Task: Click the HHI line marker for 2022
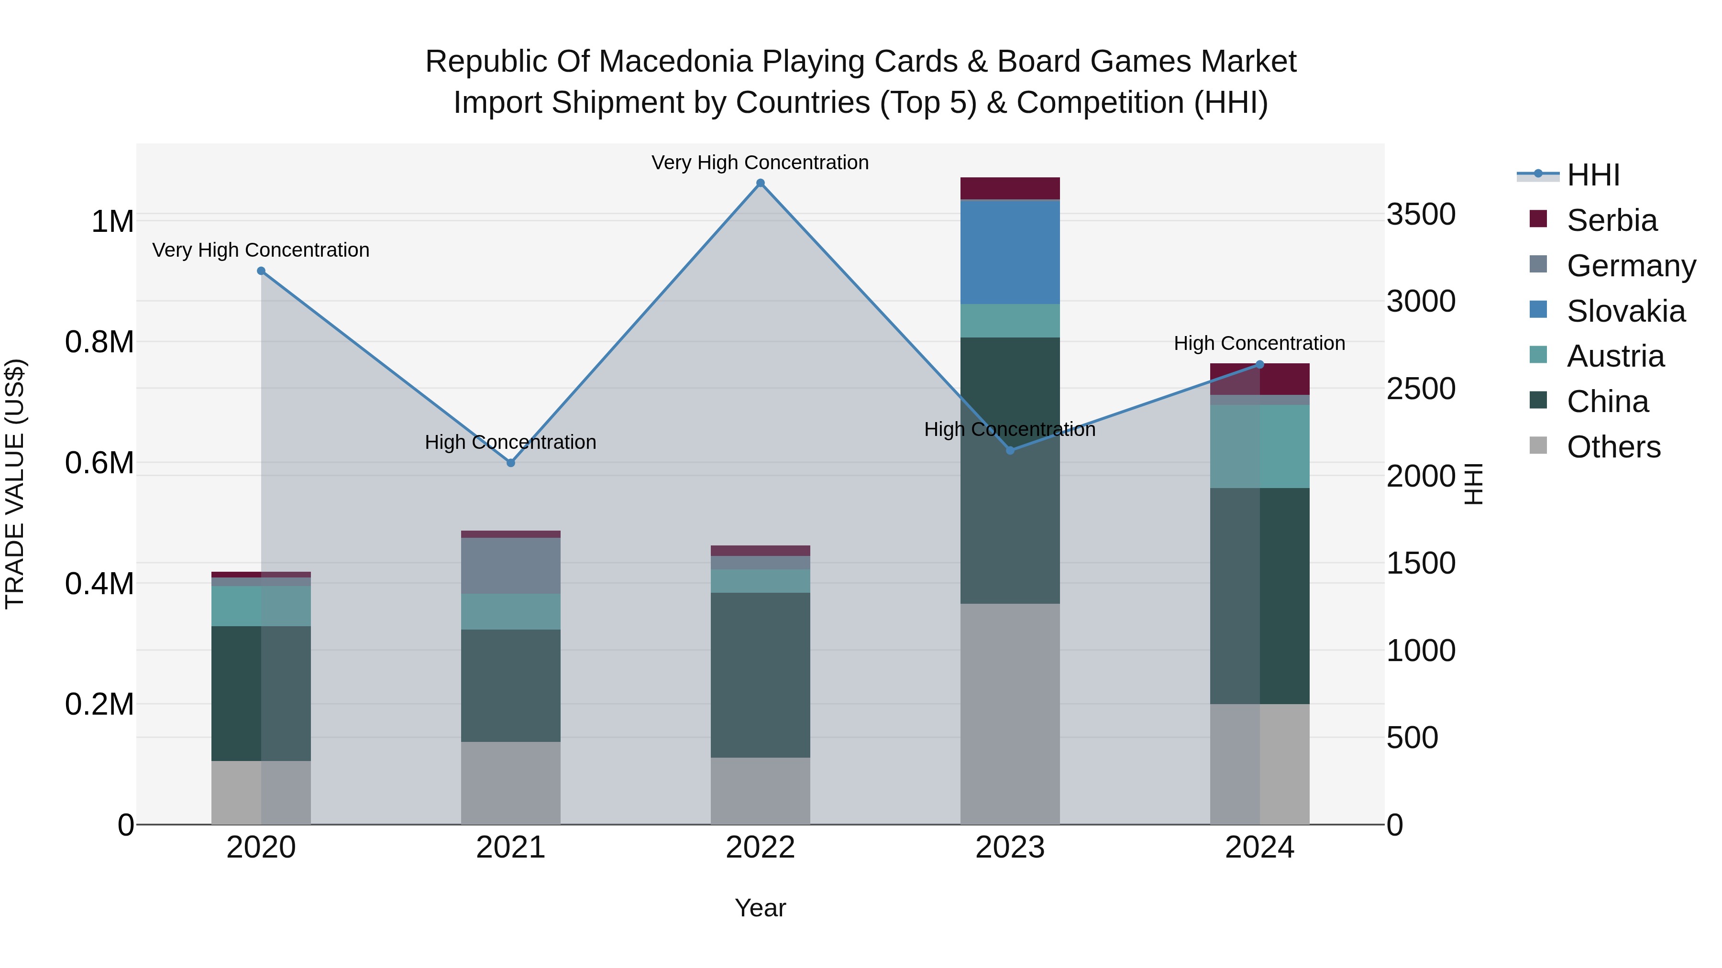click(x=760, y=183)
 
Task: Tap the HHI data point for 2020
click(x=261, y=271)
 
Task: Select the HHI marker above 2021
click(x=511, y=463)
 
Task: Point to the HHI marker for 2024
click(x=1260, y=365)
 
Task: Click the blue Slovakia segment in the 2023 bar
click(x=1010, y=252)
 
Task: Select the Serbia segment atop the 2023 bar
click(x=1010, y=188)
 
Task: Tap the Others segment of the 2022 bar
click(x=760, y=791)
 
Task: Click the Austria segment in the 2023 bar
click(x=1010, y=321)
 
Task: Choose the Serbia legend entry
click(x=1612, y=220)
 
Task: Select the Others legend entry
click(x=1613, y=447)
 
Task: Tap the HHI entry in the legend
click(x=1593, y=175)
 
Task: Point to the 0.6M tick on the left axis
click(x=99, y=463)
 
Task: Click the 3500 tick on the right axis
click(x=1421, y=215)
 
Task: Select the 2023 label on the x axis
click(x=1010, y=848)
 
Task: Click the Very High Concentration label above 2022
click(x=760, y=163)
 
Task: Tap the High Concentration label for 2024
click(x=1259, y=343)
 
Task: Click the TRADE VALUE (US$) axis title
click(x=15, y=484)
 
